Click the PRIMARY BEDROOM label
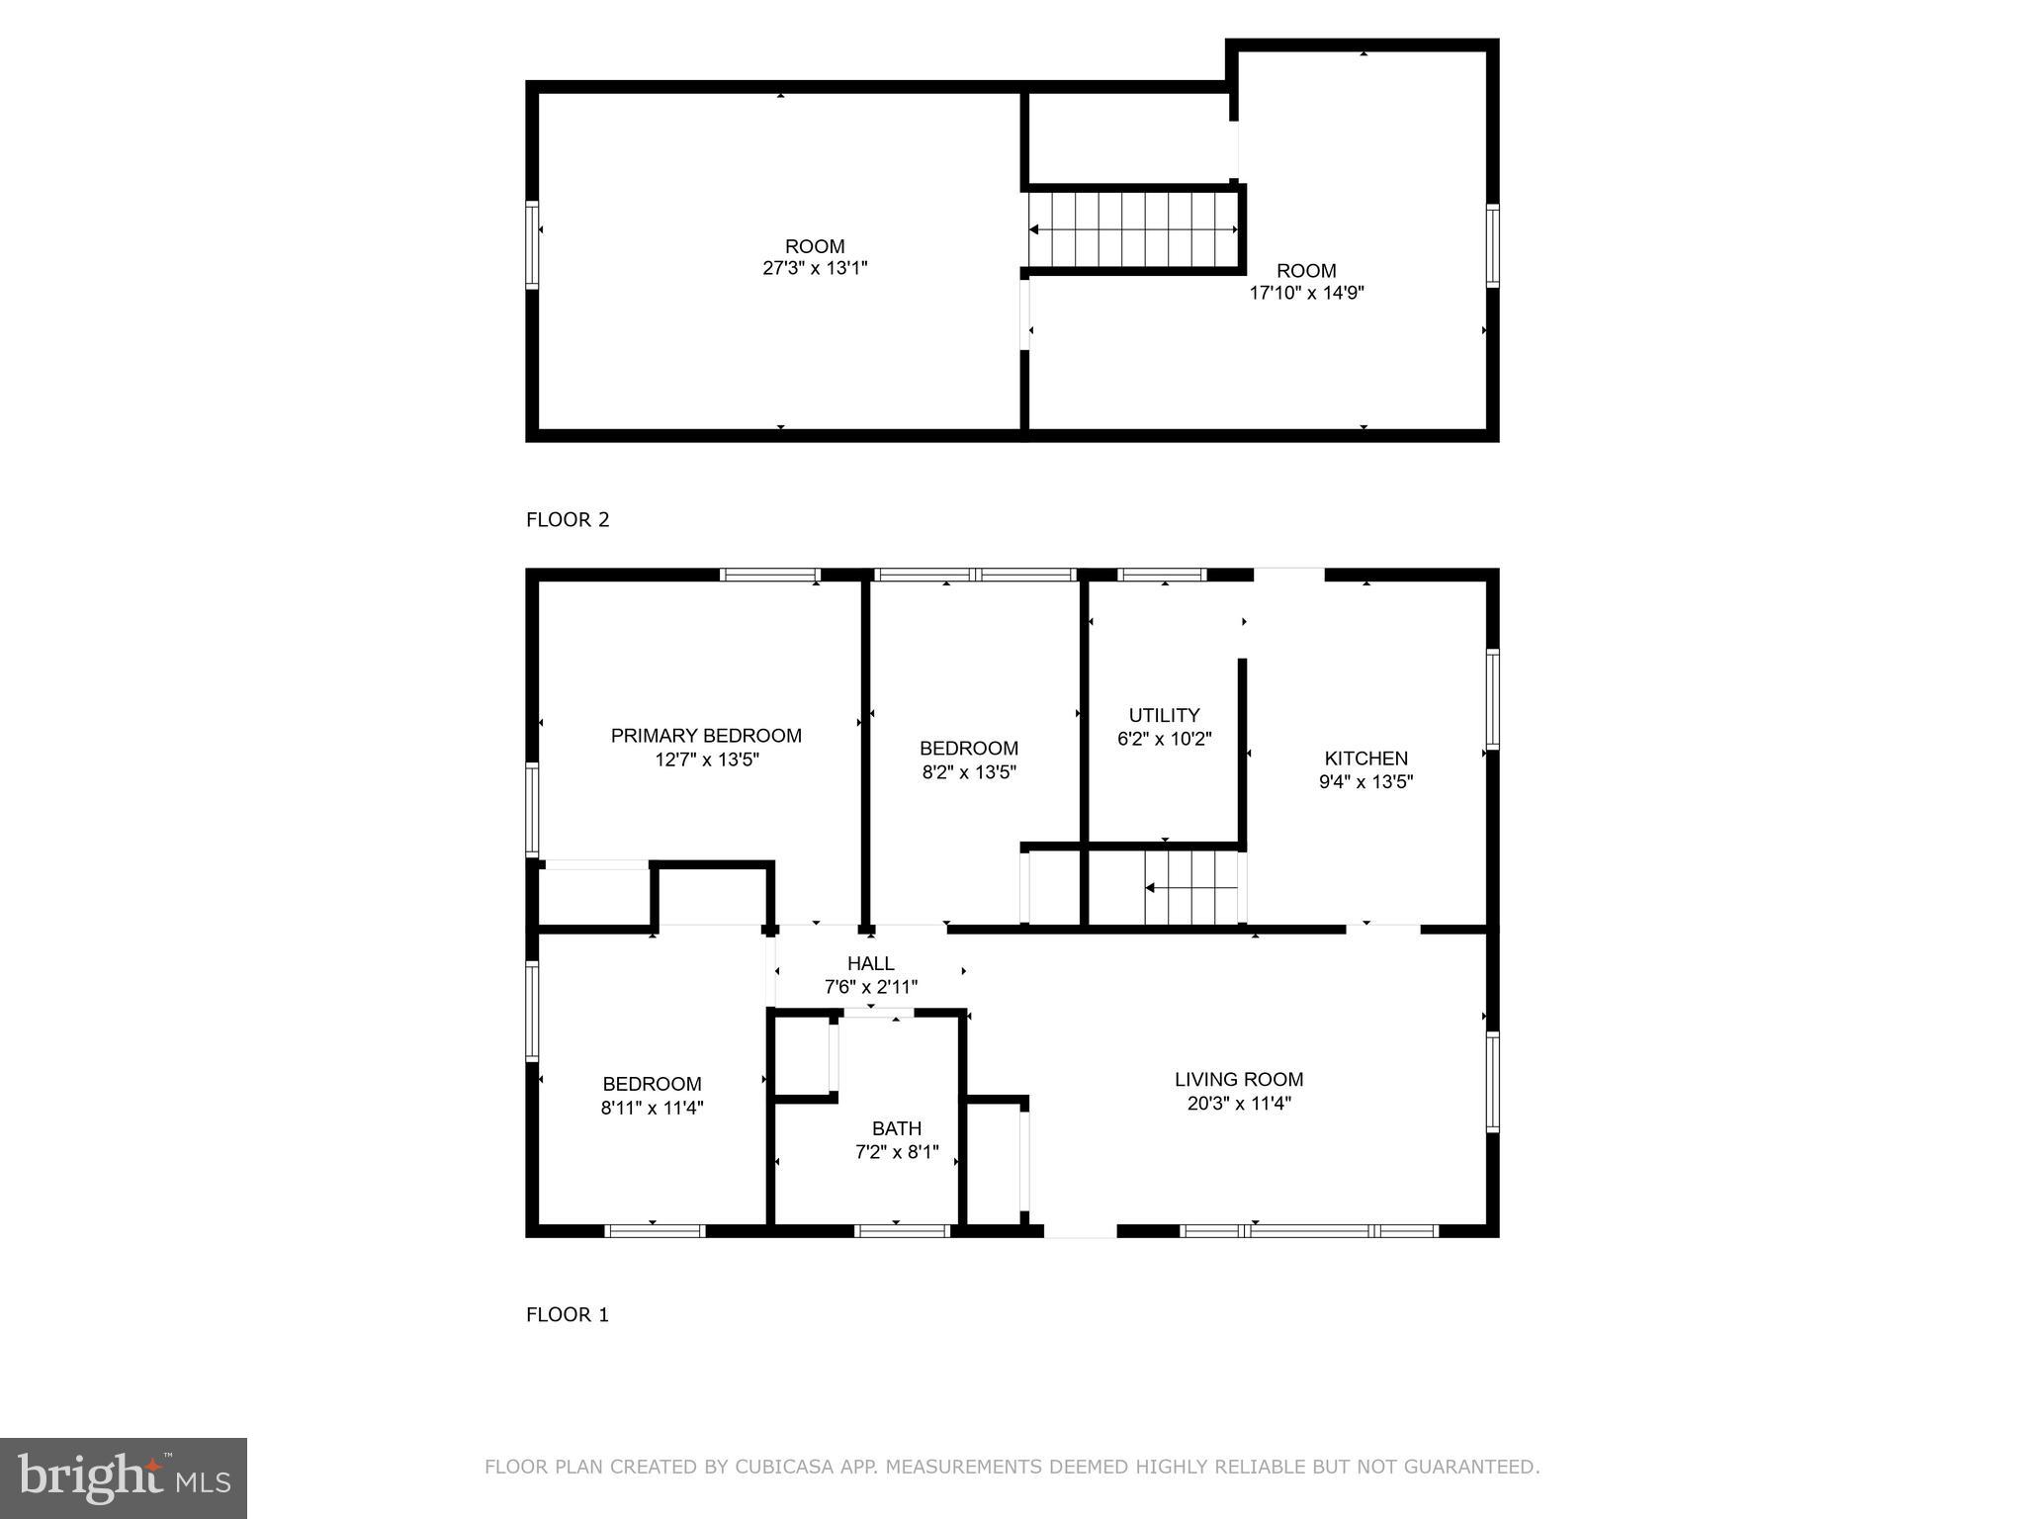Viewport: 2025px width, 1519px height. pyautogui.click(x=706, y=736)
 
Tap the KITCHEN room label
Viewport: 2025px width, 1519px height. pyautogui.click(x=1366, y=759)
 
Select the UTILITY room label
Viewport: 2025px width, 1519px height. pyautogui.click(x=1165, y=715)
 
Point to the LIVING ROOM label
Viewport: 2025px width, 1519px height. pyautogui.click(x=1239, y=1080)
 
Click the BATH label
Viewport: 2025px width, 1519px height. pyautogui.click(x=897, y=1128)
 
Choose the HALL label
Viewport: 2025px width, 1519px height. pyautogui.click(x=871, y=963)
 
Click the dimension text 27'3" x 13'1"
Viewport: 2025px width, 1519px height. pyautogui.click(x=816, y=268)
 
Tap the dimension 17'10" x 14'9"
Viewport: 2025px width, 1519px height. pyautogui.click(x=1307, y=293)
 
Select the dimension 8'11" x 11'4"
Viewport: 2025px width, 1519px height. pyautogui.click(x=653, y=1109)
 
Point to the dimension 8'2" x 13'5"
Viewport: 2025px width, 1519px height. pyautogui.click(x=969, y=772)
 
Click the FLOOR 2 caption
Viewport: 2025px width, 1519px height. pyautogui.click(x=568, y=520)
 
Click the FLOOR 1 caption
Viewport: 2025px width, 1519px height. pyautogui.click(x=568, y=1315)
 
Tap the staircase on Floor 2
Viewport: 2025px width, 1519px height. pyautogui.click(x=1133, y=229)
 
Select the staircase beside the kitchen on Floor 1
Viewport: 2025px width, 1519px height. pyautogui.click(x=1191, y=888)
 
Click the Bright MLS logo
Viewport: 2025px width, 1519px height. pyautogui.click(x=124, y=1478)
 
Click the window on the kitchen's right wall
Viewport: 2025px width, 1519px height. pyautogui.click(x=1493, y=699)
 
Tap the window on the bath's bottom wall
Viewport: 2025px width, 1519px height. pyautogui.click(x=902, y=1231)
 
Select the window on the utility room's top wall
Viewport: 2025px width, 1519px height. pyautogui.click(x=1162, y=575)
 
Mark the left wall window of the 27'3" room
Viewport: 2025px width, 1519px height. pyautogui.click(x=532, y=244)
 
